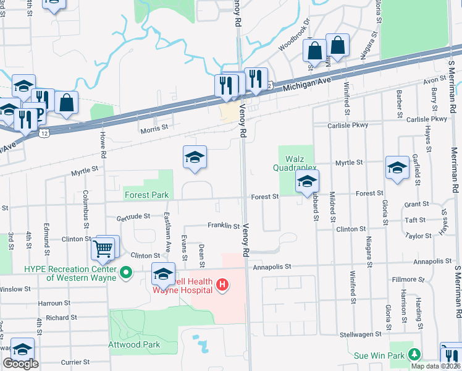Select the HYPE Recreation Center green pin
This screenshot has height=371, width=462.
coord(126,271)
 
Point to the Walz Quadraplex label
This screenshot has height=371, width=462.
coord(295,163)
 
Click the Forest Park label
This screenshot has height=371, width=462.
coord(146,195)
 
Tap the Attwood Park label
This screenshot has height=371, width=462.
coord(135,344)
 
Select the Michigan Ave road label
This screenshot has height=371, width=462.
coord(304,85)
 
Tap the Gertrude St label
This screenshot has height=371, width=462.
coord(133,216)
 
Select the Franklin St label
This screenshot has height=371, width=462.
coord(223,226)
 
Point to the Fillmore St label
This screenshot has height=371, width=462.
coord(409,279)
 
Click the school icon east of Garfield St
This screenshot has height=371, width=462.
coord(397,168)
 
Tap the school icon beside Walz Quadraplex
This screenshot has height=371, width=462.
coord(306,182)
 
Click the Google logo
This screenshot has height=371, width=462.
coord(20,364)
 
